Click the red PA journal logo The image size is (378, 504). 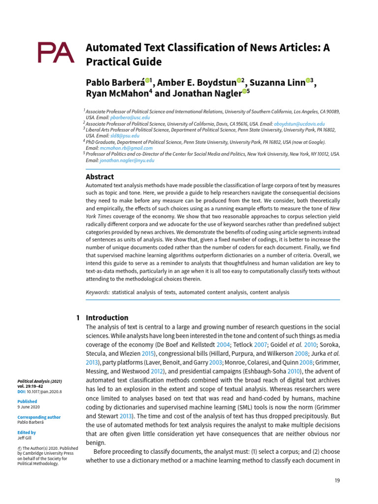pyautogui.click(x=56, y=53)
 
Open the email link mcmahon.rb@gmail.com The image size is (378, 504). pyautogui.click(x=126, y=148)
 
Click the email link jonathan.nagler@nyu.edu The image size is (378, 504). pyautogui.click(x=127, y=160)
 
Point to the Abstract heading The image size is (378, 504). pyautogui.click(x=100, y=177)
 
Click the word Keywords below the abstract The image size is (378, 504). pyautogui.click(x=97, y=292)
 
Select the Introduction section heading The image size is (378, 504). pyautogui.click(x=107, y=318)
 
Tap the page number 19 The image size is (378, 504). pyautogui.click(x=337, y=480)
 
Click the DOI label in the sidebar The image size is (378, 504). pyautogui.click(x=22, y=392)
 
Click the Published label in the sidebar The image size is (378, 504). pyautogui.click(x=28, y=402)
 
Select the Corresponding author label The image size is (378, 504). pyautogui.click(x=38, y=417)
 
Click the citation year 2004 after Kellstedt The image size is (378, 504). pyautogui.click(x=223, y=345)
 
